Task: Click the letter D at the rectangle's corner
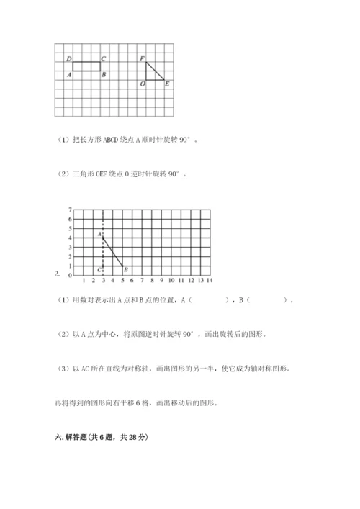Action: click(68, 58)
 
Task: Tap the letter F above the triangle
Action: click(141, 58)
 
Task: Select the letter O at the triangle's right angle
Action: click(142, 84)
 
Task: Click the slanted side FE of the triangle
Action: click(156, 71)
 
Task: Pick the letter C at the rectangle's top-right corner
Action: click(104, 58)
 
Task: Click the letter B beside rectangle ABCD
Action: click(104, 74)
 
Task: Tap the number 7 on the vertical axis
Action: click(70, 210)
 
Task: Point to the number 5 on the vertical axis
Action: click(70, 228)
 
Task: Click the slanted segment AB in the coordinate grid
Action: click(113, 252)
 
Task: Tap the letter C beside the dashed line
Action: click(99, 269)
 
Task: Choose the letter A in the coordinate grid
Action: click(99, 234)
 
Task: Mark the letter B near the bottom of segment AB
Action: click(127, 269)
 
